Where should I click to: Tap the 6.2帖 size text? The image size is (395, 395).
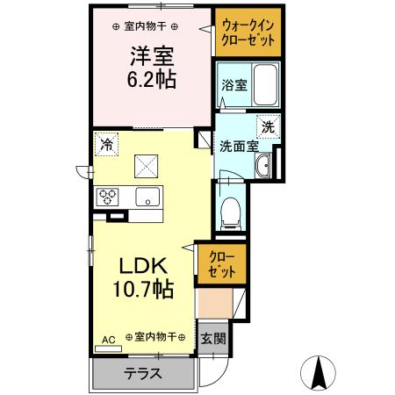(x=151, y=81)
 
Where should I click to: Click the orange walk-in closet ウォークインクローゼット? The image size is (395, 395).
(x=248, y=33)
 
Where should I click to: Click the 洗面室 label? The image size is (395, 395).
(x=237, y=147)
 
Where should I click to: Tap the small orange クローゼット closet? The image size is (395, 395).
(x=221, y=265)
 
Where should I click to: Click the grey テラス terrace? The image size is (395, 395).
(x=144, y=373)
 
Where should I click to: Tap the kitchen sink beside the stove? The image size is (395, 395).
(x=144, y=195)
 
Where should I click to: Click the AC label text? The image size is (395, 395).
(x=109, y=337)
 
